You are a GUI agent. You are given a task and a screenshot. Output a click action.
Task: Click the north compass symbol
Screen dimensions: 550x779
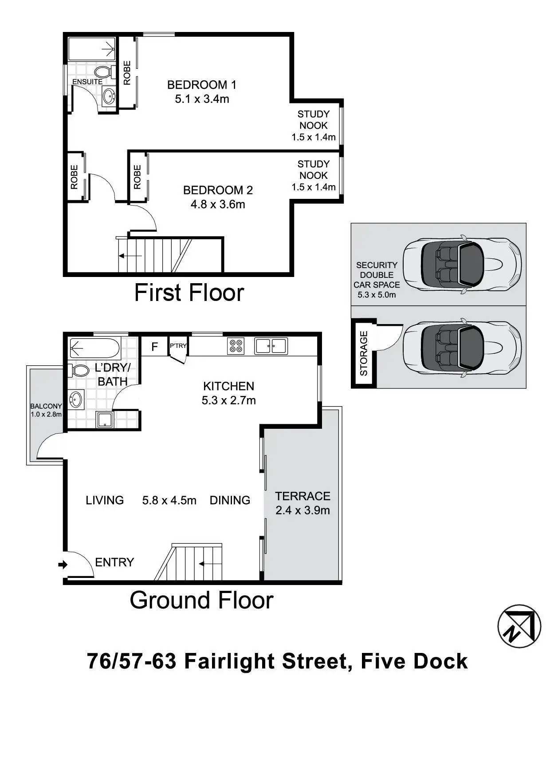519,626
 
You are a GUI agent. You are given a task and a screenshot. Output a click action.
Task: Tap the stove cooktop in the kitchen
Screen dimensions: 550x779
236,346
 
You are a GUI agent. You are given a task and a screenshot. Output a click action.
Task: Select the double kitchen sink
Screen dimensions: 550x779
271,346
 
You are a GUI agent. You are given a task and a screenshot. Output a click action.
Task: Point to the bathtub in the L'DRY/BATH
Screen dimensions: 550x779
94,348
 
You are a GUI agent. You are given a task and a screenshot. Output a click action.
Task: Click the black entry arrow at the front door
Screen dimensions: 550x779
63,565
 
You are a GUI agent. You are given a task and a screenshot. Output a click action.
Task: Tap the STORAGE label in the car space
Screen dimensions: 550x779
364,353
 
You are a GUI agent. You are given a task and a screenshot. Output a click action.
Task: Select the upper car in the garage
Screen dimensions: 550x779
462,264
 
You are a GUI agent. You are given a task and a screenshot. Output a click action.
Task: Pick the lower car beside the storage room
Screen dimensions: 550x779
462,348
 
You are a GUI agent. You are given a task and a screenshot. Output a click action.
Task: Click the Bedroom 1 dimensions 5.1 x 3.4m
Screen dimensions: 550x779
202,99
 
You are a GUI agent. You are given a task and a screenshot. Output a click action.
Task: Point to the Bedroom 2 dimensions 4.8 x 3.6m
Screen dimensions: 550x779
218,205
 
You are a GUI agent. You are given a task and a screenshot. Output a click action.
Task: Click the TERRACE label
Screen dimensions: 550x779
302,496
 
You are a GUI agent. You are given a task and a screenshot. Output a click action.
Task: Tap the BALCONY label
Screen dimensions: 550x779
46,406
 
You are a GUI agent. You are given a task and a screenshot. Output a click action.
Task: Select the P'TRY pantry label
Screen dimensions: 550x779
178,345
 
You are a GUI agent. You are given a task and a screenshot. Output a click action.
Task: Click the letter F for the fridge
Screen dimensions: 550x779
154,347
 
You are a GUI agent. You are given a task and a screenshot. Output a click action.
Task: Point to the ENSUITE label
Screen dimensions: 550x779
87,82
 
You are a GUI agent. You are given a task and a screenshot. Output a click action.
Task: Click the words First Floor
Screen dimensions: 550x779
189,293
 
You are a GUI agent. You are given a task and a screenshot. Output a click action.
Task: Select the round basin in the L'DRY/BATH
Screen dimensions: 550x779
76,400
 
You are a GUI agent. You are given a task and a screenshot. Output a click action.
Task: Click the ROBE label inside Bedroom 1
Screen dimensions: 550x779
127,73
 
